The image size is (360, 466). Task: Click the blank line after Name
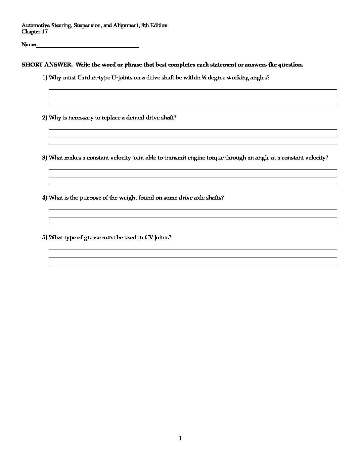pos(87,47)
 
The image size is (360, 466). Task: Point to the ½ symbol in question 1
pos(204,78)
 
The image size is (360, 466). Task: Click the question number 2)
pos(45,118)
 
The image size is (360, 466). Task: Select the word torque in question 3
pos(215,158)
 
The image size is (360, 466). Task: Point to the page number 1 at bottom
pos(180,439)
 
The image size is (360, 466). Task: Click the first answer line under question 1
pos(193,89)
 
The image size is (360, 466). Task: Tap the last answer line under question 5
pos(193,265)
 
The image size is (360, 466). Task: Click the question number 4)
pos(45,198)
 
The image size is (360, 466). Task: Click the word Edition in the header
pos(159,25)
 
